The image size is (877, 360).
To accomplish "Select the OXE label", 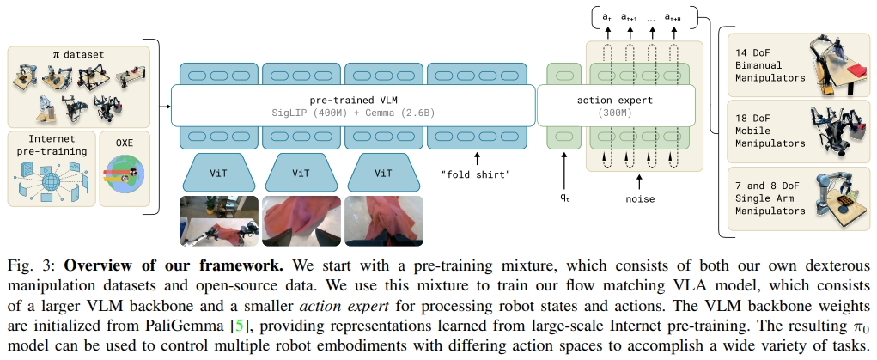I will coord(125,139).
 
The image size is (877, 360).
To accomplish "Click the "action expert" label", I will coord(615,100).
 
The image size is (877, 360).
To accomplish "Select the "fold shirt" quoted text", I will coord(477,174).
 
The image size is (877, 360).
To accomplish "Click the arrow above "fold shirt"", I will coord(477,159).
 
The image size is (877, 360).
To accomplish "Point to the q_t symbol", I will coord(564,193).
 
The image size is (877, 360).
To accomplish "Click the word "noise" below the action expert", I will coord(640,199).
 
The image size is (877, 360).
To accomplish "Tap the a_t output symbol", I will coord(606,17).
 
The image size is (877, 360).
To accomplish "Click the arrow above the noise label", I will coord(640,181).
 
